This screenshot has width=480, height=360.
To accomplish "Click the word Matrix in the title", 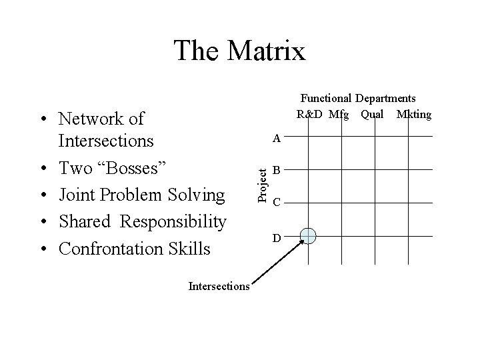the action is click(265, 51).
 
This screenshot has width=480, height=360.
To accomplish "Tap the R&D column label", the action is click(310, 114).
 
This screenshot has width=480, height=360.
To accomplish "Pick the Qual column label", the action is click(372, 114).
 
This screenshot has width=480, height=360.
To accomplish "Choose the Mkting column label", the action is click(413, 114).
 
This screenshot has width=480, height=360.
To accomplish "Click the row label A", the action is click(277, 139).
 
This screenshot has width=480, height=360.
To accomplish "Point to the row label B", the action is click(277, 170).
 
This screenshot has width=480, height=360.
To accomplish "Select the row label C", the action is click(277, 202).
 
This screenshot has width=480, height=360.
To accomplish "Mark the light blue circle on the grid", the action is click(309, 235).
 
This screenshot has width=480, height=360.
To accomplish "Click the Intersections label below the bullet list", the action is click(219, 287).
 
